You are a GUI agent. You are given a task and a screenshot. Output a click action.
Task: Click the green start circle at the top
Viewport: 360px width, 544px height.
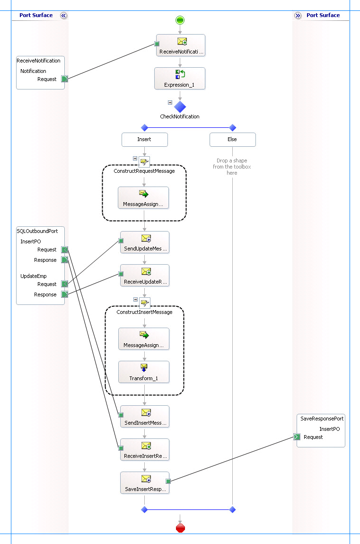pos(180,20)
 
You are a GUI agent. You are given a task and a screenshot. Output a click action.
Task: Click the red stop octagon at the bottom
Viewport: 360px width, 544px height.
pos(180,528)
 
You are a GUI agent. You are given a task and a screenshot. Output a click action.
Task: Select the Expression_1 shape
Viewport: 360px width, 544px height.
pos(180,79)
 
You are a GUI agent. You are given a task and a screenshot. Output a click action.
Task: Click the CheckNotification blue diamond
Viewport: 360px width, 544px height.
pos(180,107)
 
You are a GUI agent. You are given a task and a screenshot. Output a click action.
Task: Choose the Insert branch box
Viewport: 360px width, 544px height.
pos(144,140)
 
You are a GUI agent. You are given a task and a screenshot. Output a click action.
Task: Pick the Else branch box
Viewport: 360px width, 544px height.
pos(232,140)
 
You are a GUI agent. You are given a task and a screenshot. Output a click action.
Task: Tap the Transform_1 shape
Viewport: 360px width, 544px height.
pos(144,372)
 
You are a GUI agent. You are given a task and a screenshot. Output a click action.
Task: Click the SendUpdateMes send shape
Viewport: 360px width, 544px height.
pos(144,242)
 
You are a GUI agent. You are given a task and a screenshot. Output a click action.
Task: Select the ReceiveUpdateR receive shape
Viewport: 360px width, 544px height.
pos(144,276)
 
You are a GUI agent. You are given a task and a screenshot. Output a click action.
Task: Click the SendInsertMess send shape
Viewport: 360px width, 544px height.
pos(144,417)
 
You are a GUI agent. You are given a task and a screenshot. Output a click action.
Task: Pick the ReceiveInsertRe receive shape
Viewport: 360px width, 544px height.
pos(144,450)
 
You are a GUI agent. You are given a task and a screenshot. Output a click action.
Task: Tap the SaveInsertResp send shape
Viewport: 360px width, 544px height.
pos(144,483)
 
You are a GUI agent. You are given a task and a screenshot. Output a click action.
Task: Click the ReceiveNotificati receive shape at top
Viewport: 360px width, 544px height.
pos(181,45)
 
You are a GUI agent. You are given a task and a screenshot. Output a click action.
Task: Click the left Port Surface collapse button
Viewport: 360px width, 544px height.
pos(64,16)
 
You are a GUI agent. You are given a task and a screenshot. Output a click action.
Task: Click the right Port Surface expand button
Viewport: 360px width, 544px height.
pos(298,16)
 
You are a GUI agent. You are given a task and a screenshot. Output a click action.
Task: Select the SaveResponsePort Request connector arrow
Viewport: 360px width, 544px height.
pos(297,437)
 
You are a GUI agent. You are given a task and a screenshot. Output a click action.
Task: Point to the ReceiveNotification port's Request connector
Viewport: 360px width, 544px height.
pos(65,79)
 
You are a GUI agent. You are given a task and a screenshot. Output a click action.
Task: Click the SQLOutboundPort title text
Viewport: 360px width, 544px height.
pos(37,231)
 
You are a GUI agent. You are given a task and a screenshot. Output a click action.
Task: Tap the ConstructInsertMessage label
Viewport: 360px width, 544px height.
pos(144,312)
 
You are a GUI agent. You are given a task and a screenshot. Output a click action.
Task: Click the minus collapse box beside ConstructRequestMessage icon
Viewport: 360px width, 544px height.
pos(135,159)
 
